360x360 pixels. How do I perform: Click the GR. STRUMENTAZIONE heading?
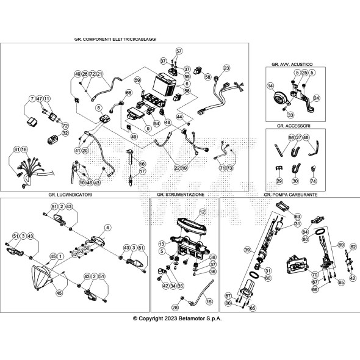181,195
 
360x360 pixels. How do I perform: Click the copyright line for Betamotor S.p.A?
178,319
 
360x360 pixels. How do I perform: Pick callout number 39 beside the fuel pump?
248,250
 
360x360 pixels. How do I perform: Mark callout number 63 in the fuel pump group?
298,216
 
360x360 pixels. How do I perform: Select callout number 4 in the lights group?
107,227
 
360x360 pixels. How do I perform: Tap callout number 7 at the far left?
31,98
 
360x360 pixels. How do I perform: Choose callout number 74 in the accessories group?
313,181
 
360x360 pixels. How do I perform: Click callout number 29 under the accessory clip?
279,181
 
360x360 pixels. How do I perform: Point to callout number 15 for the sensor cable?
210,301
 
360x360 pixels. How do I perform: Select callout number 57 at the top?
179,51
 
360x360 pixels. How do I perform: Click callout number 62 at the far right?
352,247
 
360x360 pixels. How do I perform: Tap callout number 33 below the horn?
290,114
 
